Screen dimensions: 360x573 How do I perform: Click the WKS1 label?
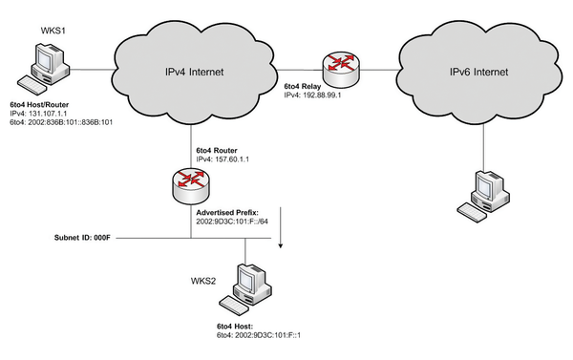click(x=53, y=31)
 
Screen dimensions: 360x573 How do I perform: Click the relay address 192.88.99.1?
click(x=322, y=96)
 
